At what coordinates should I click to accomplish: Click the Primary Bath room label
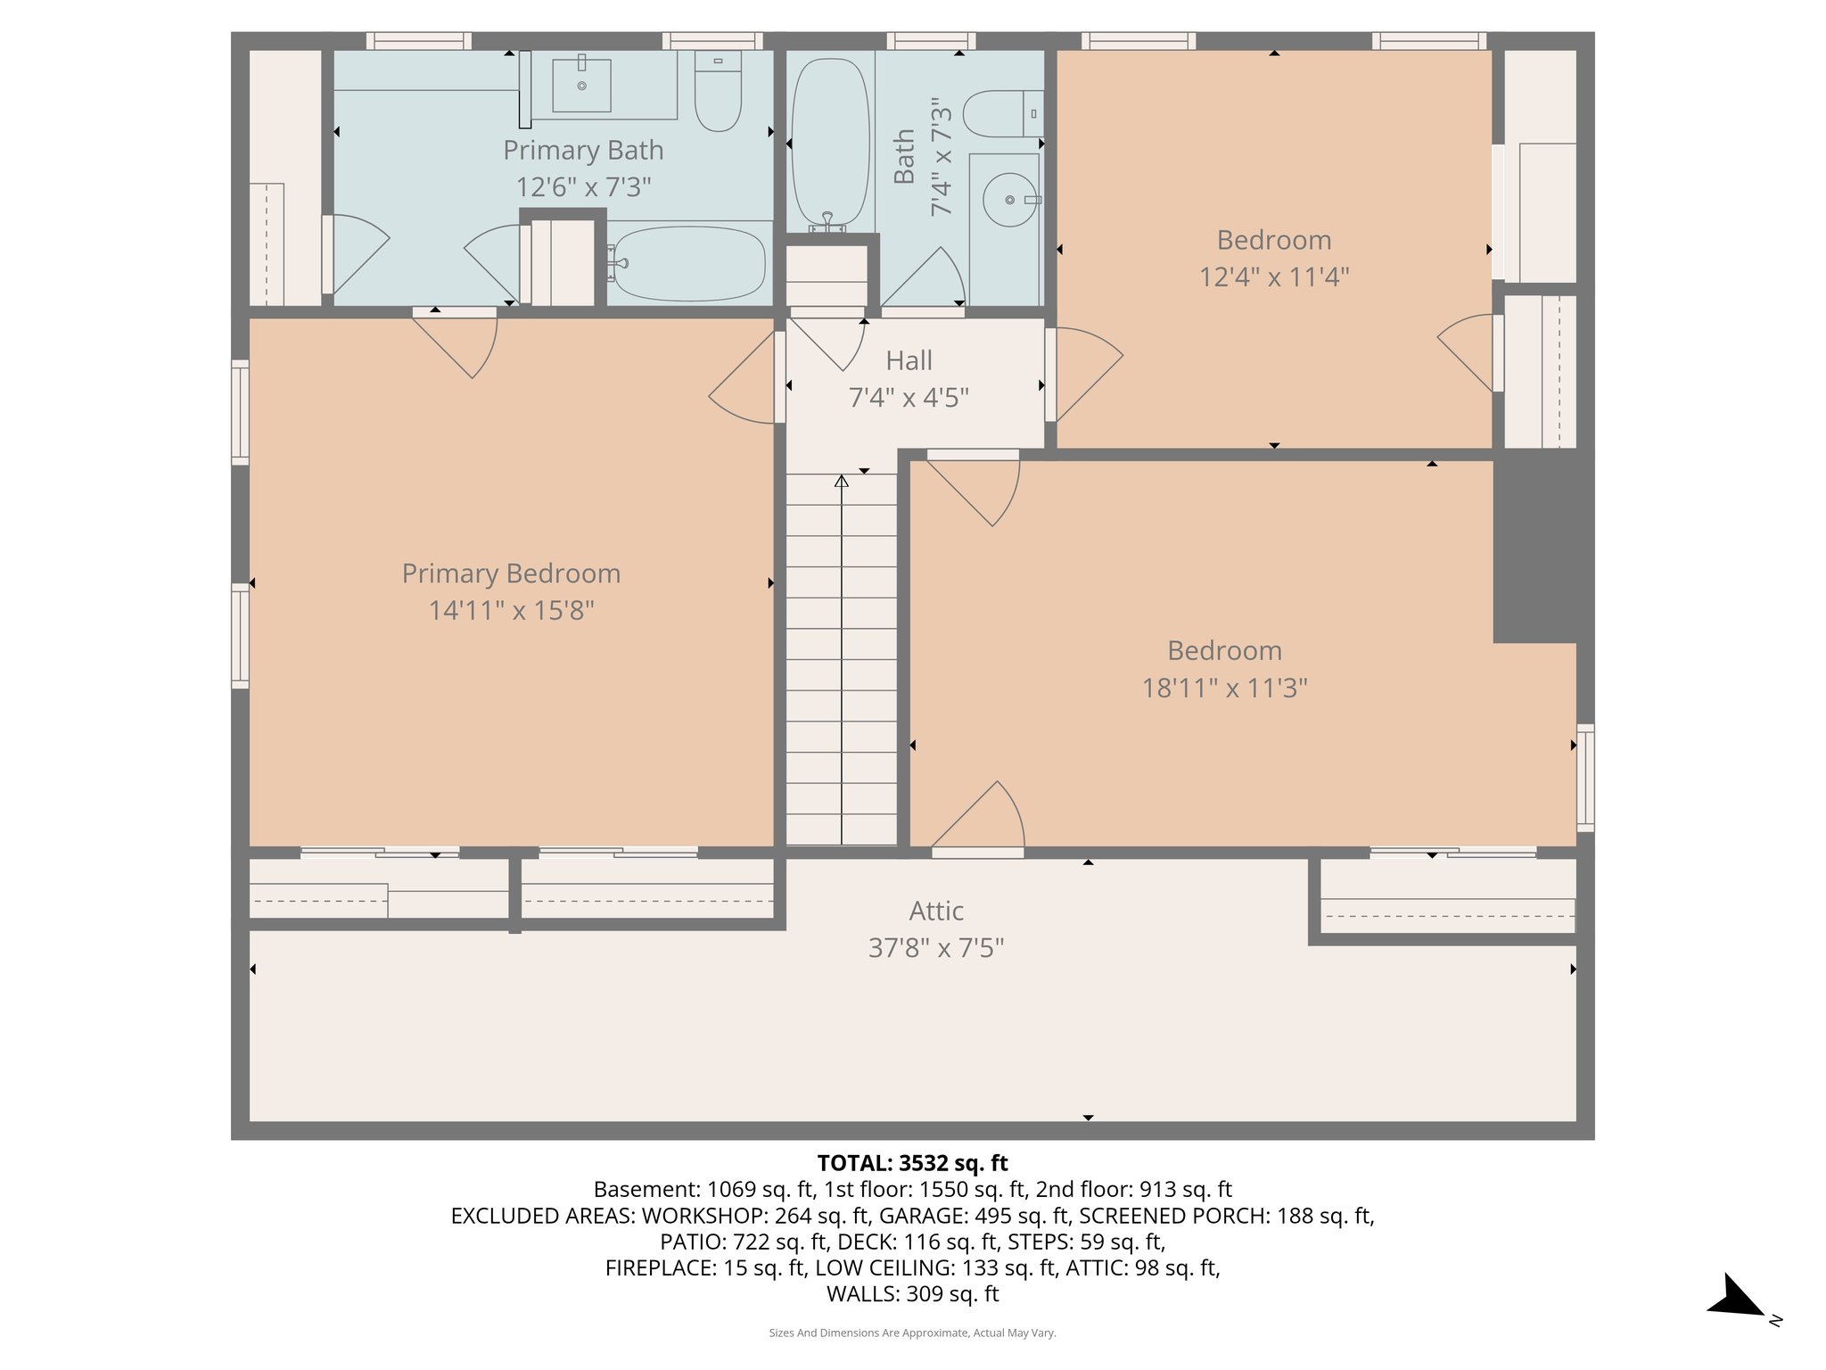(583, 150)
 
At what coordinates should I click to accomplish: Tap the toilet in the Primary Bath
(718, 94)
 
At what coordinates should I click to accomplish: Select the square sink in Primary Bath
(581, 86)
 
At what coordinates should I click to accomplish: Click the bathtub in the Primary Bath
(689, 263)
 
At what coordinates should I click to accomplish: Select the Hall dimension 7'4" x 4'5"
(909, 397)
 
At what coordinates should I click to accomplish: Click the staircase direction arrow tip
(841, 480)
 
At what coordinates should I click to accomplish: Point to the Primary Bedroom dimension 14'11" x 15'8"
(511, 610)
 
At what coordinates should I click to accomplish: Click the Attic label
(936, 911)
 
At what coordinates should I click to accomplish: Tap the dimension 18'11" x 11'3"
(1224, 688)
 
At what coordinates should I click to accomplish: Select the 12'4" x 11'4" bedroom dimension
(1273, 276)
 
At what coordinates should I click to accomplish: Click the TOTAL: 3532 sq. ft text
(912, 1163)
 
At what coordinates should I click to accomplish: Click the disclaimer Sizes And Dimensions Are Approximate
(912, 1333)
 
